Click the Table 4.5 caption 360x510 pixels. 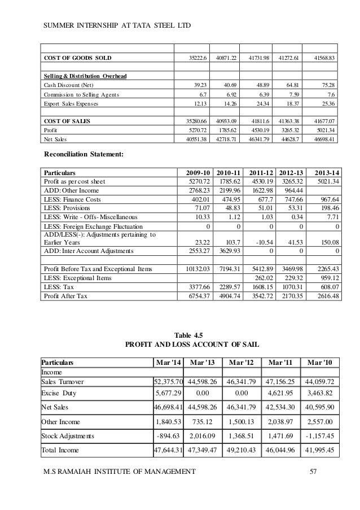coord(191,334)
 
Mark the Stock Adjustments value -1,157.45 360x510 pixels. coord(320,436)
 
